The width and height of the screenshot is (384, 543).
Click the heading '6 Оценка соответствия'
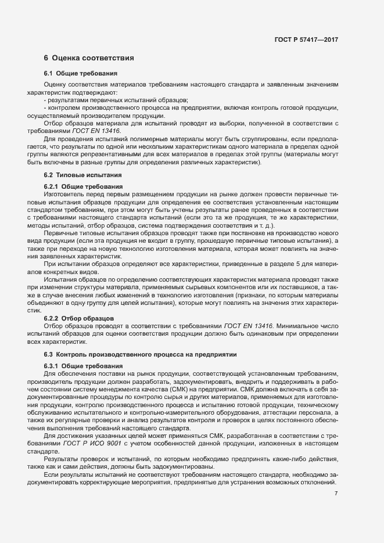(89, 58)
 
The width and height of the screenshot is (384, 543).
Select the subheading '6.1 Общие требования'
(81, 74)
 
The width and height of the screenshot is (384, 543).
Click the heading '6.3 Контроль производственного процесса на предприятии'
(138, 354)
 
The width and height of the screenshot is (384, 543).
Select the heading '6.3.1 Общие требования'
(80, 365)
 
